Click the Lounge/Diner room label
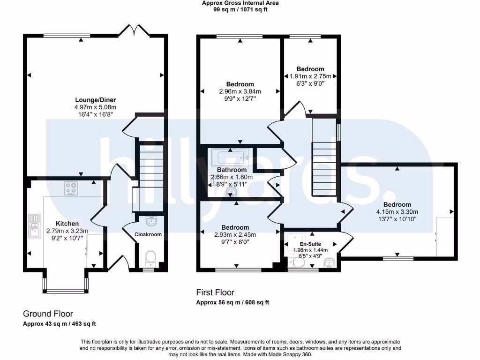click(96, 100)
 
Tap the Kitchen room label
click(67, 224)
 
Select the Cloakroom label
click(148, 234)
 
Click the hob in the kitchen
click(71, 188)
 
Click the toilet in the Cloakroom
click(150, 257)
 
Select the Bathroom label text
click(232, 170)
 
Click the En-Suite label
click(308, 245)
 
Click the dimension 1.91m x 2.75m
click(310, 76)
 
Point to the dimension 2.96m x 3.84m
click(240, 92)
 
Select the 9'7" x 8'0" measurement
click(238, 242)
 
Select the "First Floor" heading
click(215, 292)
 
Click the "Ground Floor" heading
click(48, 314)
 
